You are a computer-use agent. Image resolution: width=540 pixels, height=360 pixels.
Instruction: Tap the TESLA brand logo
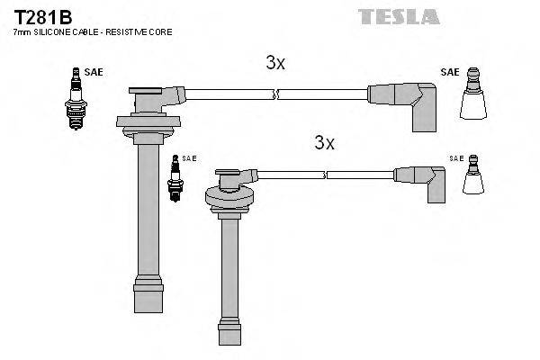pos(399,16)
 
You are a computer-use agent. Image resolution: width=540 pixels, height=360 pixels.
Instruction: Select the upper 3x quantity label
pos(275,62)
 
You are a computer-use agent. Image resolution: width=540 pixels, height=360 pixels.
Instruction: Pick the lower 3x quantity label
pos(324,142)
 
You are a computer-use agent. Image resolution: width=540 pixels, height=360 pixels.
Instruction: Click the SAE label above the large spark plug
pos(93,71)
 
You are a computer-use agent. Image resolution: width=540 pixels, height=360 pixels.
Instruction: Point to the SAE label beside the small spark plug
pos(189,158)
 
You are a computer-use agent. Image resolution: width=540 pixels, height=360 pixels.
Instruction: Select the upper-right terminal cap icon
pos(473,99)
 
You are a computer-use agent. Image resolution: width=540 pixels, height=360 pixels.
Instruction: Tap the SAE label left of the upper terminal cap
pos(449,71)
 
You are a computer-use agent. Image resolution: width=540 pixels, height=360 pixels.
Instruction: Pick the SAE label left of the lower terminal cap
pos(456,158)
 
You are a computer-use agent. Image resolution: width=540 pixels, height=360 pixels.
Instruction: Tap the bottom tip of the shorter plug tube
pos(229,337)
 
